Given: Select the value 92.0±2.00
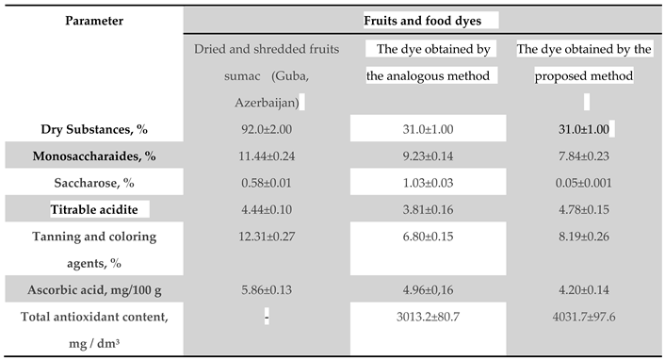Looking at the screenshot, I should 258,128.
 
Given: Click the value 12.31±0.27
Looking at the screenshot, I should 258,236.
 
